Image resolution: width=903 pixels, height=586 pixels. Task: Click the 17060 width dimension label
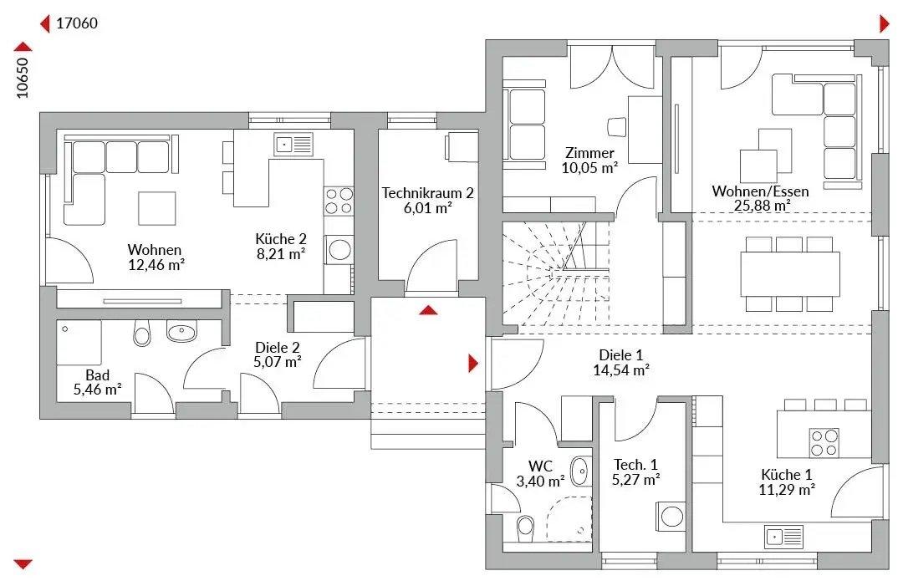77,23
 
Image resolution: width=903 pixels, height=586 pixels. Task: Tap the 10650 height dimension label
22,78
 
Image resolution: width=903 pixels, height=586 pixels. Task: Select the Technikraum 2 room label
427,193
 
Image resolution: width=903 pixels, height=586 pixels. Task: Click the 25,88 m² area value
762,206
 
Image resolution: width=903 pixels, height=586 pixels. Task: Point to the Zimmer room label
589,153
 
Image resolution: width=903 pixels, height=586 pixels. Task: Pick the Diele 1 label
620,355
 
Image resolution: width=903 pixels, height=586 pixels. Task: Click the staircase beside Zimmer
555,274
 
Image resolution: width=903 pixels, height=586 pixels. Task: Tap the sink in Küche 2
293,144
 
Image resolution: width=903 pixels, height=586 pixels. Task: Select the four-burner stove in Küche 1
824,442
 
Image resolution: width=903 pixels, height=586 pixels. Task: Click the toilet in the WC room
525,527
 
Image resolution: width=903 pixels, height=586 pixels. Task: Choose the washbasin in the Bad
181,331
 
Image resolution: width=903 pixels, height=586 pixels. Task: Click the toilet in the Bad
141,333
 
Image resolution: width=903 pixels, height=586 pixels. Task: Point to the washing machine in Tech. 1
671,517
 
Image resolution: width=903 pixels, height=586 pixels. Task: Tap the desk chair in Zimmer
617,126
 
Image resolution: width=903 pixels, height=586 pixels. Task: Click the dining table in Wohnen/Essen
789,273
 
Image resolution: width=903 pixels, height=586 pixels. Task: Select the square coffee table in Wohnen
156,208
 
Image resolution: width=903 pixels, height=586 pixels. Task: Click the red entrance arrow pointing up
428,310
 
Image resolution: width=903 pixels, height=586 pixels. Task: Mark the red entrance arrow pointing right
473,364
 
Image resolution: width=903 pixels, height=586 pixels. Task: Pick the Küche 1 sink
783,537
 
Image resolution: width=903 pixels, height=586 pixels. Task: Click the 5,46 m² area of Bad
97,390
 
